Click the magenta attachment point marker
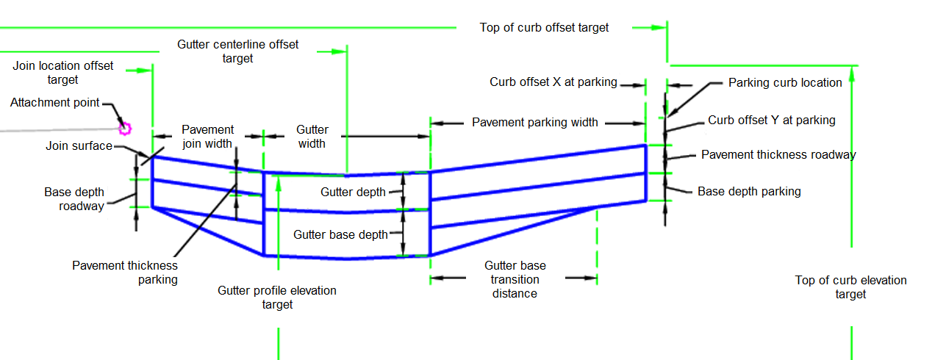pos(125,129)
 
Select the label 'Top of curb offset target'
pos(544,28)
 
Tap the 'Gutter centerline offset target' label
pos(238,51)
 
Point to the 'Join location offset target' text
pos(63,73)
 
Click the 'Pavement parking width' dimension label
pos(535,123)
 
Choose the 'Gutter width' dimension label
pos(312,137)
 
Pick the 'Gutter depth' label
pos(353,192)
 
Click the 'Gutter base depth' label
pos(340,235)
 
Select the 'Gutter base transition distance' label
pos(515,279)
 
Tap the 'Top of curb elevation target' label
pos(850,287)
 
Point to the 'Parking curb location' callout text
pos(785,83)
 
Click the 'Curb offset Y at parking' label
pos(771,120)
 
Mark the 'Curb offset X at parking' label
pos(553,82)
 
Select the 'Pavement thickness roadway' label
pos(778,155)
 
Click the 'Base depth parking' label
pos(749,192)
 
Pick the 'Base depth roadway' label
pos(74,199)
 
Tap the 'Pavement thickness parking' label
pos(125,273)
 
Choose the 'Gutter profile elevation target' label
pos(277,298)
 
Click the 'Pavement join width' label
pos(208,137)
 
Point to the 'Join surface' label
pos(79,146)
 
